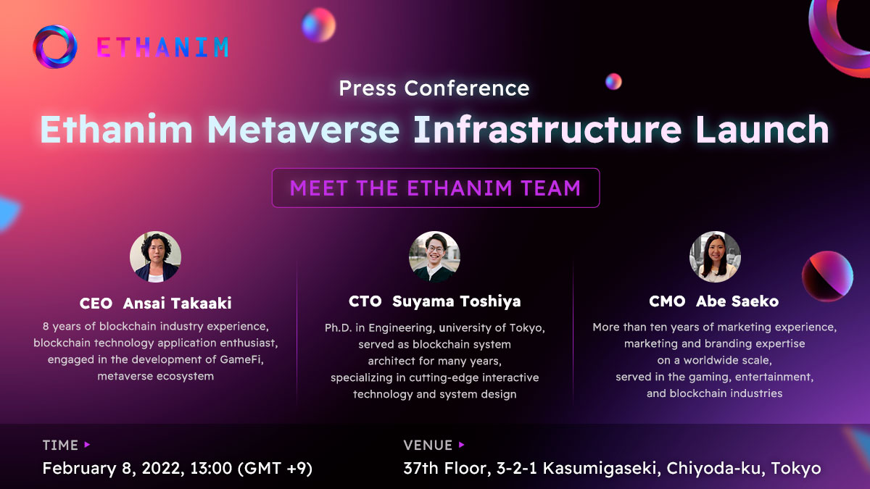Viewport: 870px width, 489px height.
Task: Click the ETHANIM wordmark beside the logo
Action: [x=162, y=47]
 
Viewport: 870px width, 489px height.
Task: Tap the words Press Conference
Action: [x=434, y=88]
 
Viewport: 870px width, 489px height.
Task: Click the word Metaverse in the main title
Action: [x=303, y=129]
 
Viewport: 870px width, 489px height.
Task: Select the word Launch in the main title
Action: [x=763, y=129]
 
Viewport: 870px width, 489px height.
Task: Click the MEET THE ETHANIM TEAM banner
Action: [x=436, y=188]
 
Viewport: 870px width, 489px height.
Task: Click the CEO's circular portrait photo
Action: [x=155, y=256]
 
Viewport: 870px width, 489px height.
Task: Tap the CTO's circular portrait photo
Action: [x=434, y=256]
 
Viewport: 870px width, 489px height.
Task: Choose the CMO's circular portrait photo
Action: [x=715, y=256]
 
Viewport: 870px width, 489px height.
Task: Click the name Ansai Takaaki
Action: [x=177, y=303]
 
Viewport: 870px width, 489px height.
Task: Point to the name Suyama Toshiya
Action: [x=456, y=301]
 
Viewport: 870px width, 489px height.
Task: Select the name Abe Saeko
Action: [x=737, y=301]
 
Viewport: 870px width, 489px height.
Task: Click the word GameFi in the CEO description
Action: [x=241, y=359]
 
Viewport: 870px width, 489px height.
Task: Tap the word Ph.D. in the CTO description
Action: [x=338, y=328]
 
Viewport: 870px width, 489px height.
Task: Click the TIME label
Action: [x=60, y=445]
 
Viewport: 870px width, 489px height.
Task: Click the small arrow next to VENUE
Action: [x=461, y=445]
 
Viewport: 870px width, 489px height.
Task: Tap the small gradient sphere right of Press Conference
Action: [x=613, y=81]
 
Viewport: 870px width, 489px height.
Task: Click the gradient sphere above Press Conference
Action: [x=319, y=25]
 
